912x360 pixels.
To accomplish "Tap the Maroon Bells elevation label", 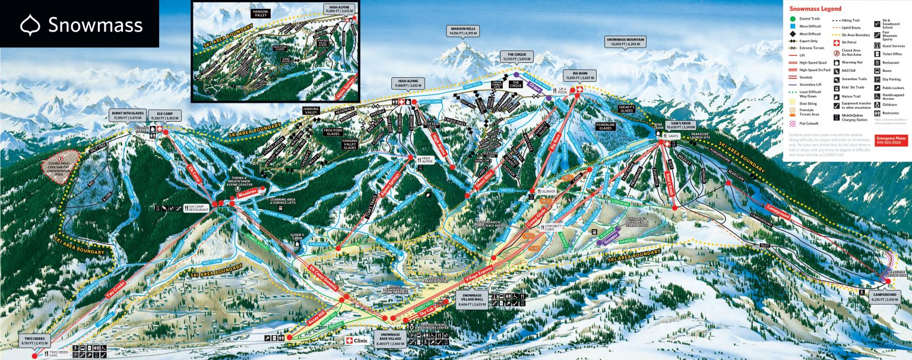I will [464, 31].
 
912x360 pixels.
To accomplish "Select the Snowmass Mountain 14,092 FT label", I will [625, 42].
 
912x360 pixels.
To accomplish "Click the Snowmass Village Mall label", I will [473, 299].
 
